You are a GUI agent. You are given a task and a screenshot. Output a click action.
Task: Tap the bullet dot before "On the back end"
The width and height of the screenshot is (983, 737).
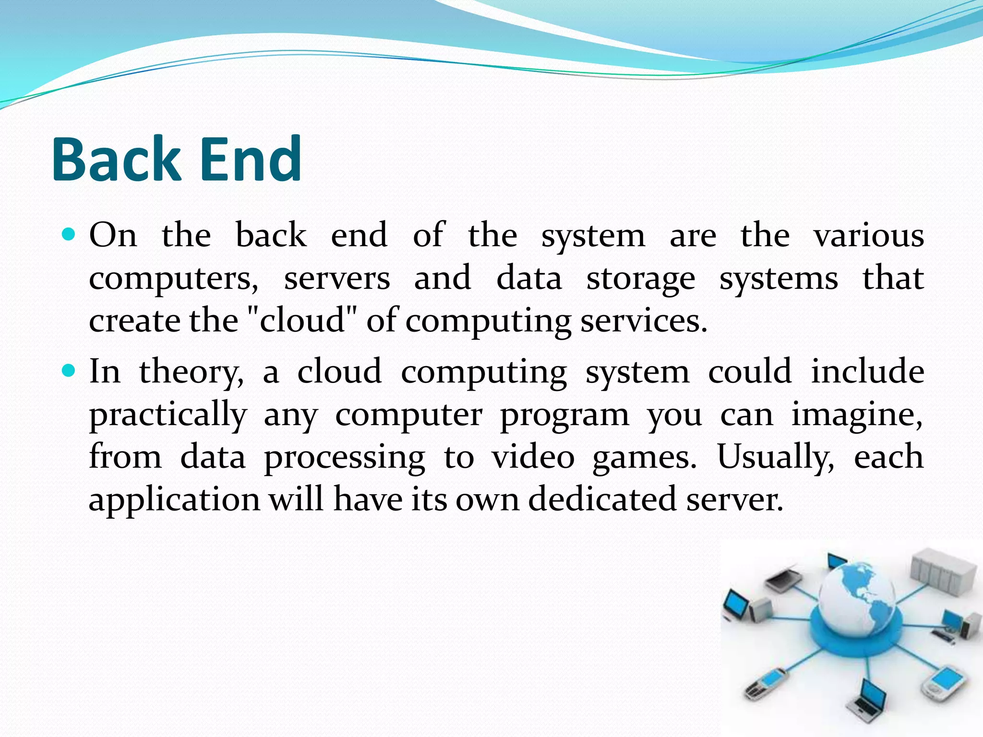click(70, 235)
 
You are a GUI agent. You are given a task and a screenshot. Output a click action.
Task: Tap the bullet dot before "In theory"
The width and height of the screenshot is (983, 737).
click(70, 371)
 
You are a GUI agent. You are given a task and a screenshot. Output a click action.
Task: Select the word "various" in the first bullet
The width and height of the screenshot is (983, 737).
click(868, 236)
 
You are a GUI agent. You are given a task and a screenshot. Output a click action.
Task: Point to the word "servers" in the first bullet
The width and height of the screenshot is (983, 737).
click(337, 279)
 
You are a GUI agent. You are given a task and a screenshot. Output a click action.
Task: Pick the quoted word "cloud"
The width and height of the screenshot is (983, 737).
click(302, 320)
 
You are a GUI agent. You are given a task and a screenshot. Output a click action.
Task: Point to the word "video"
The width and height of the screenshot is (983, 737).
click(533, 456)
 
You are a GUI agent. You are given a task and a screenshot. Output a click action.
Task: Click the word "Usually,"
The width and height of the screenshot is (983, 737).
click(776, 457)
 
